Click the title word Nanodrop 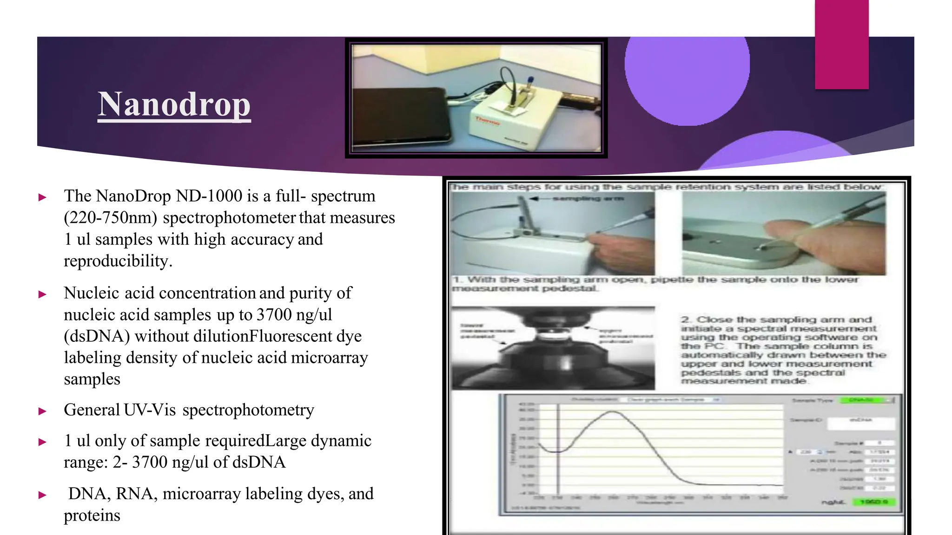tap(174, 104)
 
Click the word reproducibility tap(118, 261)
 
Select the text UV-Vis tap(150, 410)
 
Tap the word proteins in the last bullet tap(92, 515)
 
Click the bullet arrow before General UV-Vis tap(42, 411)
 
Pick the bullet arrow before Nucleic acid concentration tap(42, 294)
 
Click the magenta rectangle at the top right tap(841, 44)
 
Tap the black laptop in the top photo tap(400, 116)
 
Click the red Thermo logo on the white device tap(487, 121)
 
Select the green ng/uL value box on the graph tap(873, 502)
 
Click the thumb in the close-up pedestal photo tap(786, 232)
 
